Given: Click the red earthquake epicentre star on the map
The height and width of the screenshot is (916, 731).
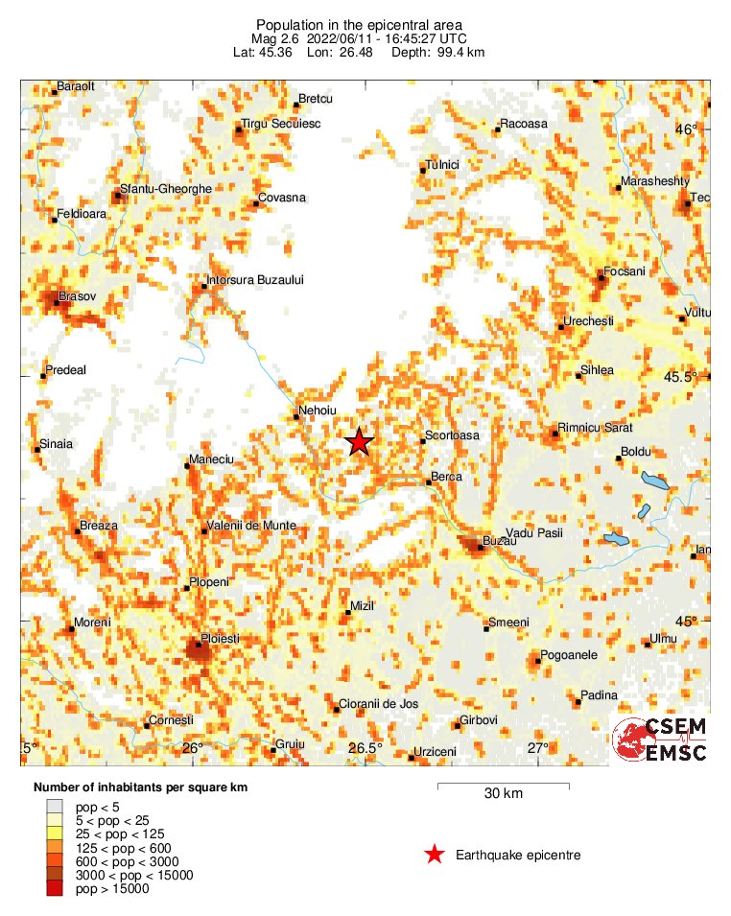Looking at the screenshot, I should (359, 441).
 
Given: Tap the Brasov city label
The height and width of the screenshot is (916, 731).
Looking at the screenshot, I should (78, 297).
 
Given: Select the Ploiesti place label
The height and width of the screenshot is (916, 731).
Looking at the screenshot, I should (219, 638).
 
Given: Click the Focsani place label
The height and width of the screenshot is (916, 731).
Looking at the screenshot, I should (625, 271).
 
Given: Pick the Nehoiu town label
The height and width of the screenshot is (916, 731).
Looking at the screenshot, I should (318, 410).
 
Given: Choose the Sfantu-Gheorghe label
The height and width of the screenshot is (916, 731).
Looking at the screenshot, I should (165, 189).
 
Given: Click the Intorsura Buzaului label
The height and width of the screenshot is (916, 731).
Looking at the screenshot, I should (255, 280).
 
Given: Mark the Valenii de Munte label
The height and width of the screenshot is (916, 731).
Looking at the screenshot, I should (254, 527).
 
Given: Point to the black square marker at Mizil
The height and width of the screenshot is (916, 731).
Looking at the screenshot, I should (348, 613).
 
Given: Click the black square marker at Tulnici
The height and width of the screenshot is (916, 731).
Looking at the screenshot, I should (423, 172).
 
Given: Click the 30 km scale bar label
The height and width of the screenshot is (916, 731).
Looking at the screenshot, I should (503, 794).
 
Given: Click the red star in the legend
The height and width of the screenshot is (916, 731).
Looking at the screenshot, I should (435, 855).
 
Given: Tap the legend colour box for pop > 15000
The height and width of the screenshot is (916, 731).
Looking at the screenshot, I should (55, 889).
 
